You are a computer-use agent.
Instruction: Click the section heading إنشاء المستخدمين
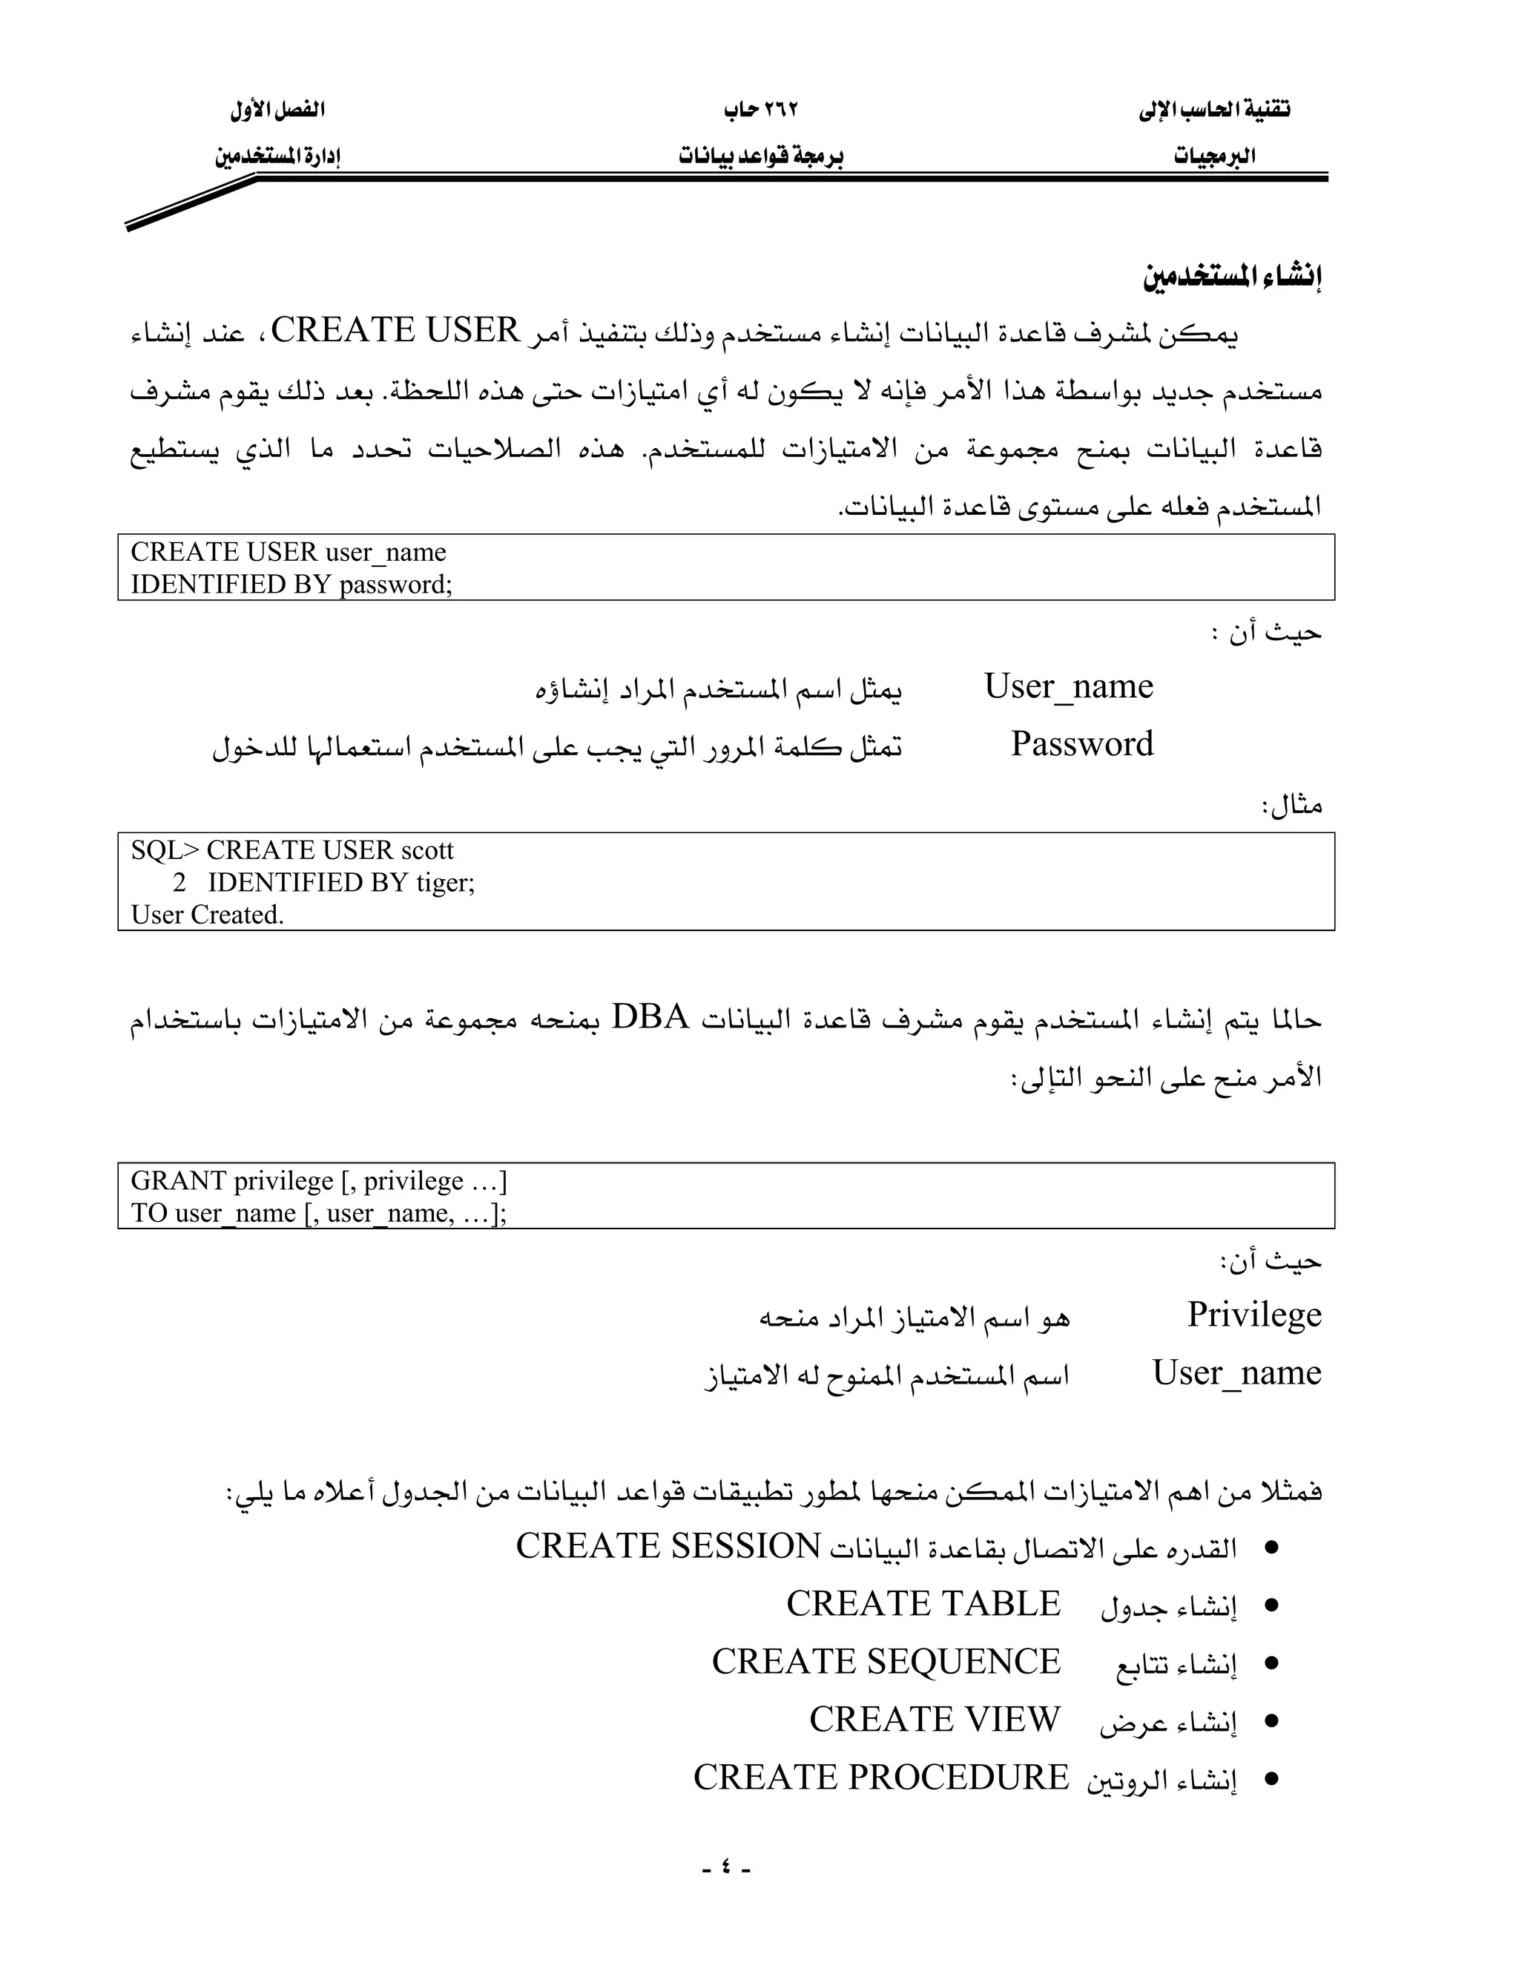point(1232,277)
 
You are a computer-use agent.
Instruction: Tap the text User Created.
point(207,915)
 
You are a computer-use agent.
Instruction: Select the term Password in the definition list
point(1081,744)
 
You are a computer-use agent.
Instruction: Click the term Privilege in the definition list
point(1253,1315)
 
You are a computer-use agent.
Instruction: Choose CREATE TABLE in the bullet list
point(923,1604)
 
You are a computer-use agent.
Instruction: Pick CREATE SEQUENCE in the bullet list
point(886,1662)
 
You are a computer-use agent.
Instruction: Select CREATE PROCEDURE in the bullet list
point(881,1778)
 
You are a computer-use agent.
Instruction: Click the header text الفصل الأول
point(277,111)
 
